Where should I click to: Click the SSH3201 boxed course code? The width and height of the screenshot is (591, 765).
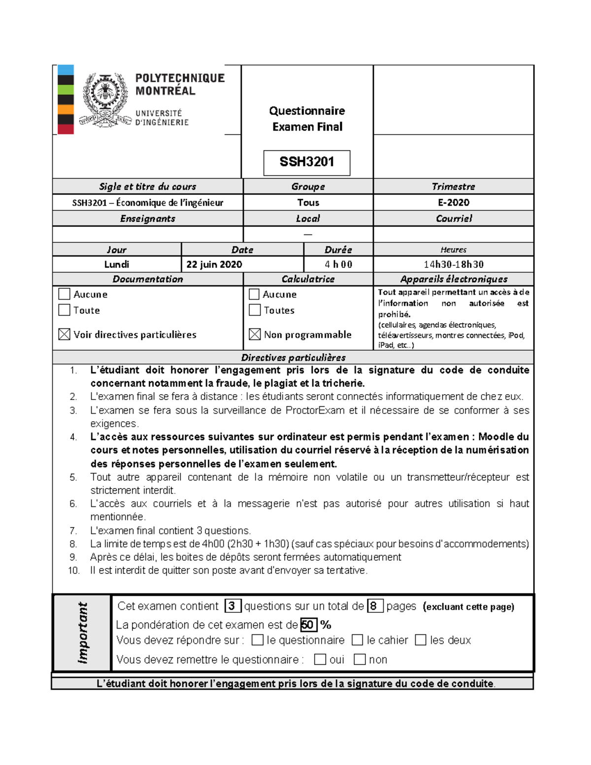tap(307, 162)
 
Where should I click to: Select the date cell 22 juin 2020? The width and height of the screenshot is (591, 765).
tap(214, 265)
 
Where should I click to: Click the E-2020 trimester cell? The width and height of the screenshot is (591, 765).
tap(454, 202)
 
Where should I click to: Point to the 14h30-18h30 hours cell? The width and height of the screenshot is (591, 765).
tap(454, 265)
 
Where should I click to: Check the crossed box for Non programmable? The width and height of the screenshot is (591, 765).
tap(255, 334)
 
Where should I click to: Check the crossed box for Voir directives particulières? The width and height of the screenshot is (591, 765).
tap(64, 334)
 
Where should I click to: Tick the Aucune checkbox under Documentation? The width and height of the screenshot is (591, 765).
tap(64, 294)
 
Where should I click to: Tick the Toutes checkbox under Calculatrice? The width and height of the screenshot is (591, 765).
tap(255, 310)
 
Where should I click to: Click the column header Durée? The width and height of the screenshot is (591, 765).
tap(338, 250)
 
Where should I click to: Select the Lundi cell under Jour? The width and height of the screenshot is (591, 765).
tap(117, 265)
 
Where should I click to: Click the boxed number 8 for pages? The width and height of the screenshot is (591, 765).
tap(374, 606)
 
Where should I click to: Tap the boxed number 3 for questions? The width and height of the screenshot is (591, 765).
tap(232, 606)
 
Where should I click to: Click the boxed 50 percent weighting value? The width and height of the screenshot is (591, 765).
tap(308, 625)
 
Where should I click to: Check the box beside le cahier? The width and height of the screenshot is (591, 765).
tap(358, 640)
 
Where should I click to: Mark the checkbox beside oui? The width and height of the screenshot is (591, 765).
tap(320, 660)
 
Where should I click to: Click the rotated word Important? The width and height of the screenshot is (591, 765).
tap(82, 633)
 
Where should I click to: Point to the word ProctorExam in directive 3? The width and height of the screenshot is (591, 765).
tap(315, 410)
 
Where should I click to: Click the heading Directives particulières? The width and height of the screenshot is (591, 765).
tap(293, 358)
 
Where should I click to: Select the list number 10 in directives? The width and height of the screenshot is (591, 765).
tap(74, 570)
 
